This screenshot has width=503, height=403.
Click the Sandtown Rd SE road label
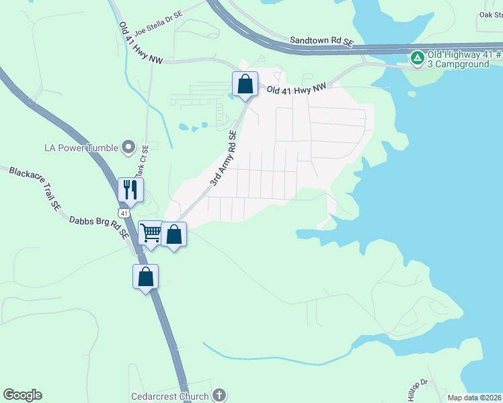click(321, 41)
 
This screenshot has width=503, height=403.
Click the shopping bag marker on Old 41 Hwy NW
click(245, 85)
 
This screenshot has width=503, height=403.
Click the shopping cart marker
click(151, 234)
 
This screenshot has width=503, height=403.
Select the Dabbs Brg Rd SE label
click(98, 226)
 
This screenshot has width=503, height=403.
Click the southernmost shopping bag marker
click(145, 276)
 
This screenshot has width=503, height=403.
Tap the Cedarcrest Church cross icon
click(219, 396)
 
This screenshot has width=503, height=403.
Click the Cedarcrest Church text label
click(171, 396)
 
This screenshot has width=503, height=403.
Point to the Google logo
click(22, 395)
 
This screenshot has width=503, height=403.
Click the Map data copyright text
click(474, 398)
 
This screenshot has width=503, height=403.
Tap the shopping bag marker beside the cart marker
click(174, 235)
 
